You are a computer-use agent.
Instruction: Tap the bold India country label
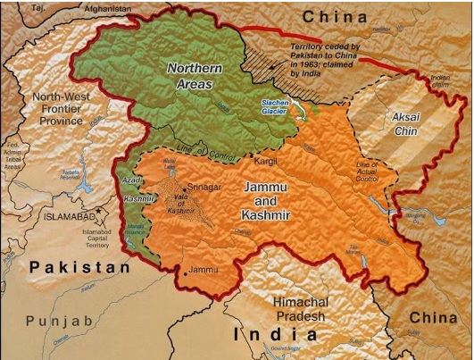tap(275, 335)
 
